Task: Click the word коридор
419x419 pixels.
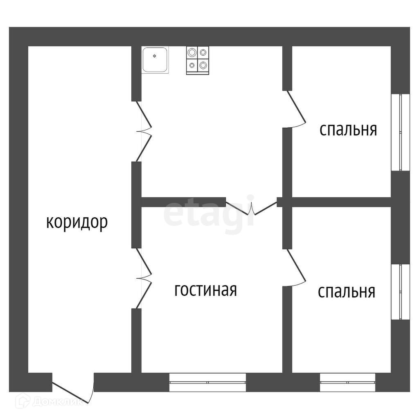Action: [77, 222]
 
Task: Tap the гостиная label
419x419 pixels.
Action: [205, 290]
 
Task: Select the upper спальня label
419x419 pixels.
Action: [348, 130]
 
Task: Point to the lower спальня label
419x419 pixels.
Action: [347, 291]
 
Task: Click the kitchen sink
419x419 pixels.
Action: [155, 60]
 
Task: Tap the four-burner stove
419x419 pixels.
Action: [198, 61]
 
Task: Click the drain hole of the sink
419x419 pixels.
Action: [154, 56]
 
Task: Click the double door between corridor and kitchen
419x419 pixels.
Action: [144, 131]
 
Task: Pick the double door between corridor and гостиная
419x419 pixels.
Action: [144, 278]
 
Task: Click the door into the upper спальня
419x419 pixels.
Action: [296, 109]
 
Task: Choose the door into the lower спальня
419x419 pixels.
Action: [296, 268]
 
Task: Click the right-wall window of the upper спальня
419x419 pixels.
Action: [400, 132]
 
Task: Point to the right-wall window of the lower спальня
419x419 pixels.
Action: [400, 292]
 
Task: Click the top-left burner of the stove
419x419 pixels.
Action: [192, 52]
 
